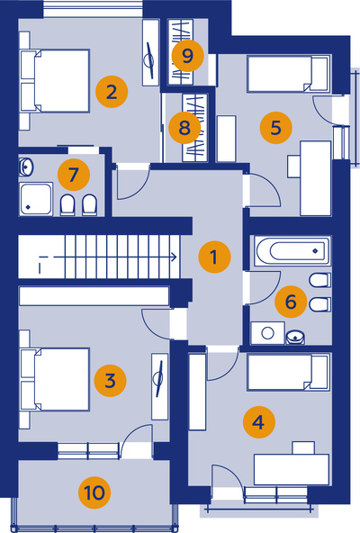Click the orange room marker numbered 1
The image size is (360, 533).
click(214, 257)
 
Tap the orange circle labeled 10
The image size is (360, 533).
click(94, 492)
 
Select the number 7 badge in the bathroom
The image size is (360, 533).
click(74, 175)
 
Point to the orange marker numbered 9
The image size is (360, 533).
click(187, 56)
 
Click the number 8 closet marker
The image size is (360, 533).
click(184, 128)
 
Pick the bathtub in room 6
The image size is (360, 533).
click(292, 251)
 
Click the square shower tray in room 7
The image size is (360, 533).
click(36, 199)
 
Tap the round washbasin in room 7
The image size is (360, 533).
click(26, 167)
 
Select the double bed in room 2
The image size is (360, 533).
click(55, 81)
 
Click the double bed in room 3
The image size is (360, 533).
click(55, 379)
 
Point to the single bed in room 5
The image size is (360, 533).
click(289, 74)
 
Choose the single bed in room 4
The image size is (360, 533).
click(289, 372)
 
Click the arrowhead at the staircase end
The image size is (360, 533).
click(175, 257)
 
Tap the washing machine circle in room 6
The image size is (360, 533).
click(268, 333)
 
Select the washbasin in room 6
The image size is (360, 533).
click(295, 337)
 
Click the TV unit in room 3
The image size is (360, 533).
click(159, 387)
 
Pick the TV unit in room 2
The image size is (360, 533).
click(150, 53)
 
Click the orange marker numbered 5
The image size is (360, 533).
click(275, 128)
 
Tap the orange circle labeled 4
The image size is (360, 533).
click(258, 422)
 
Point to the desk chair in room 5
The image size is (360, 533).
click(293, 167)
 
